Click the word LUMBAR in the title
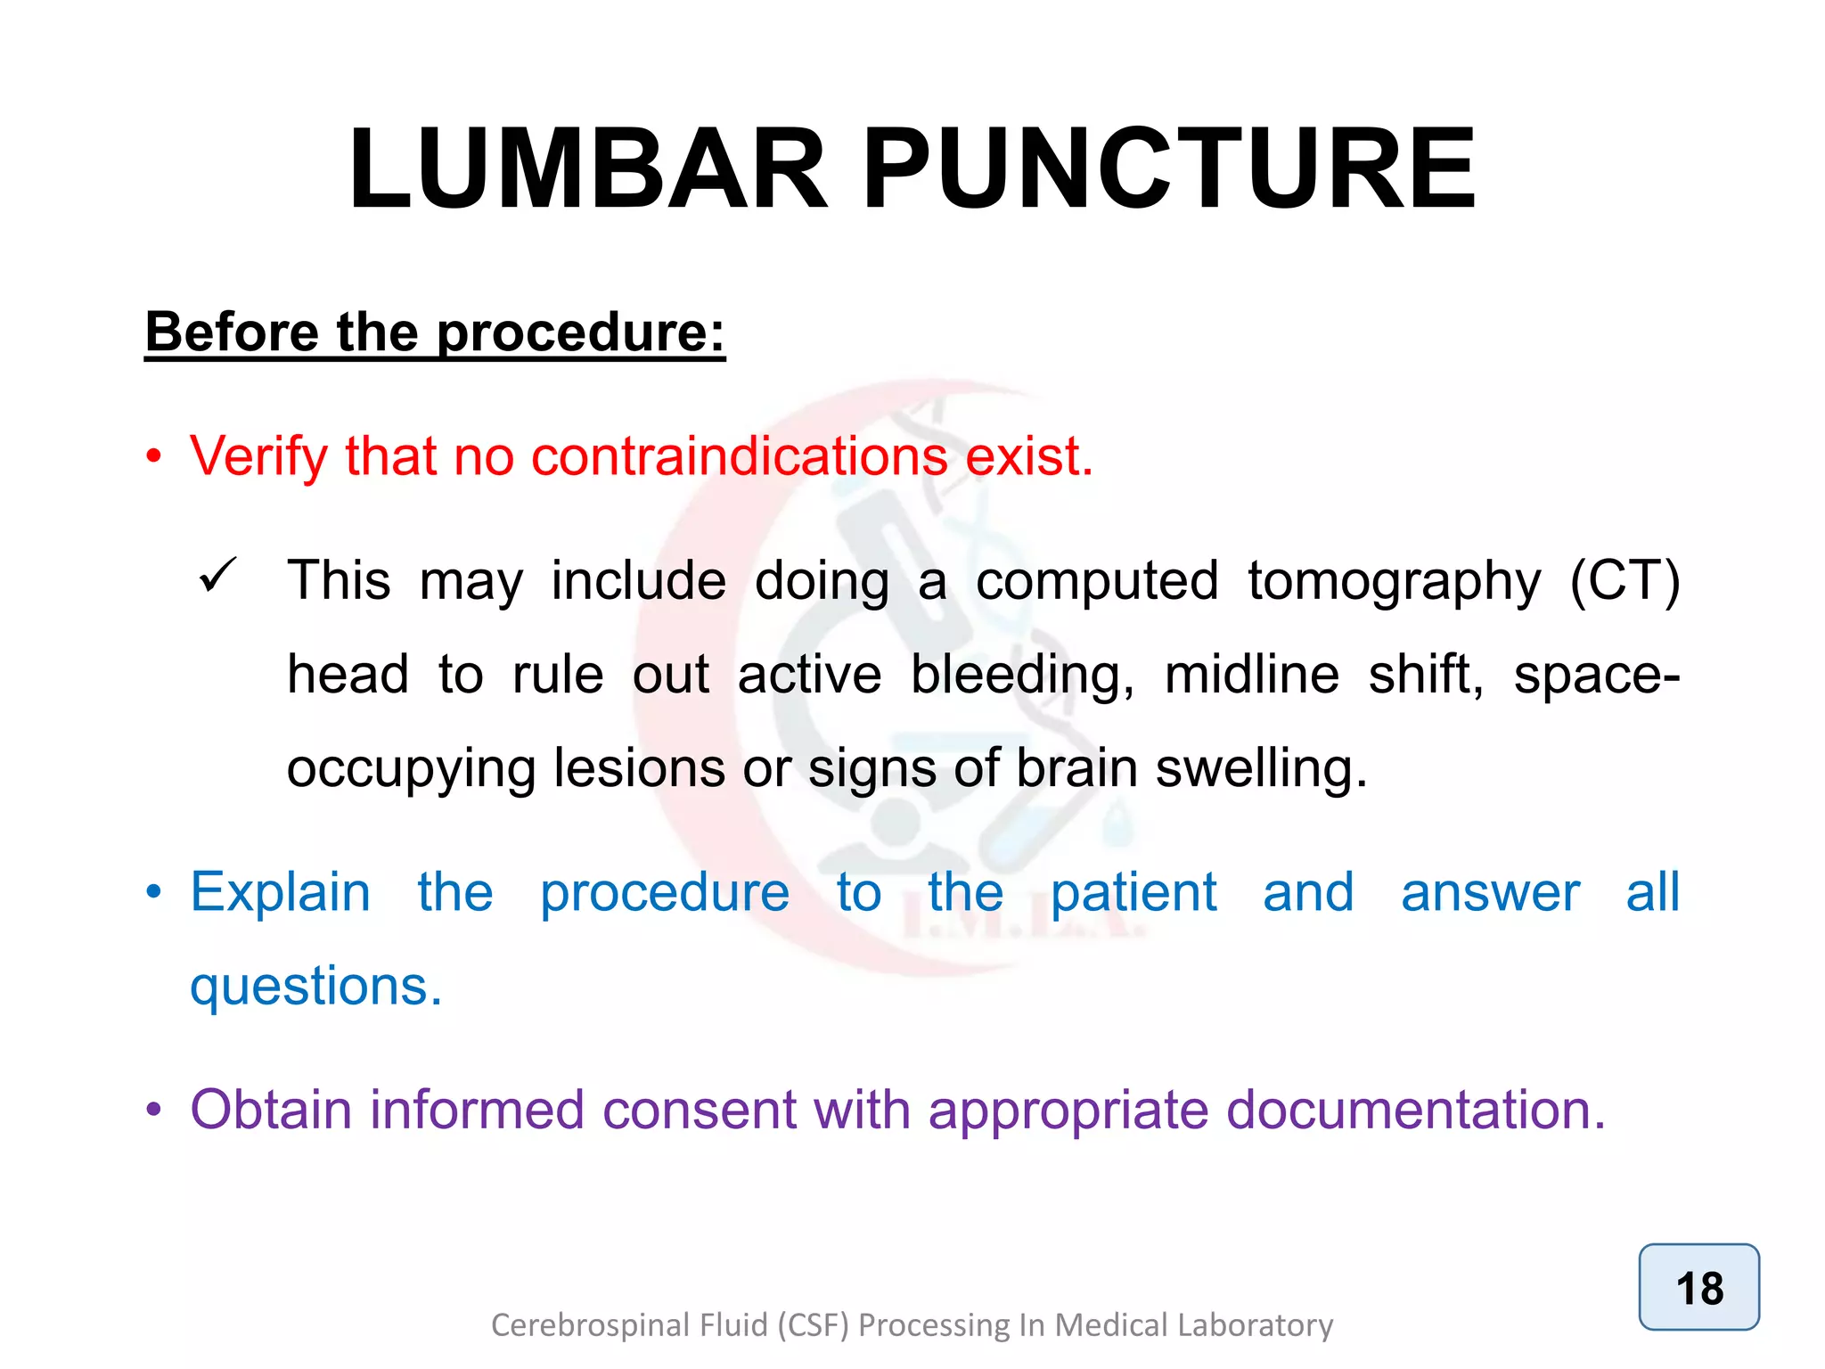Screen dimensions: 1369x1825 (588, 169)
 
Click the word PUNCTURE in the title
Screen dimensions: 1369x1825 (1169, 169)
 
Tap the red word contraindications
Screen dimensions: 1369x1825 (739, 456)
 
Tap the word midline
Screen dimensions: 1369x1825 (1251, 674)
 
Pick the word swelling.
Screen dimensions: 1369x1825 (1261, 768)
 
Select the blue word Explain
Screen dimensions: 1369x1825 (281, 893)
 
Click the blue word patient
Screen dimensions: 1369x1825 (1133, 893)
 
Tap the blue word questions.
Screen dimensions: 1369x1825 (315, 988)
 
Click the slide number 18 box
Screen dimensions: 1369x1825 (1698, 1287)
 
